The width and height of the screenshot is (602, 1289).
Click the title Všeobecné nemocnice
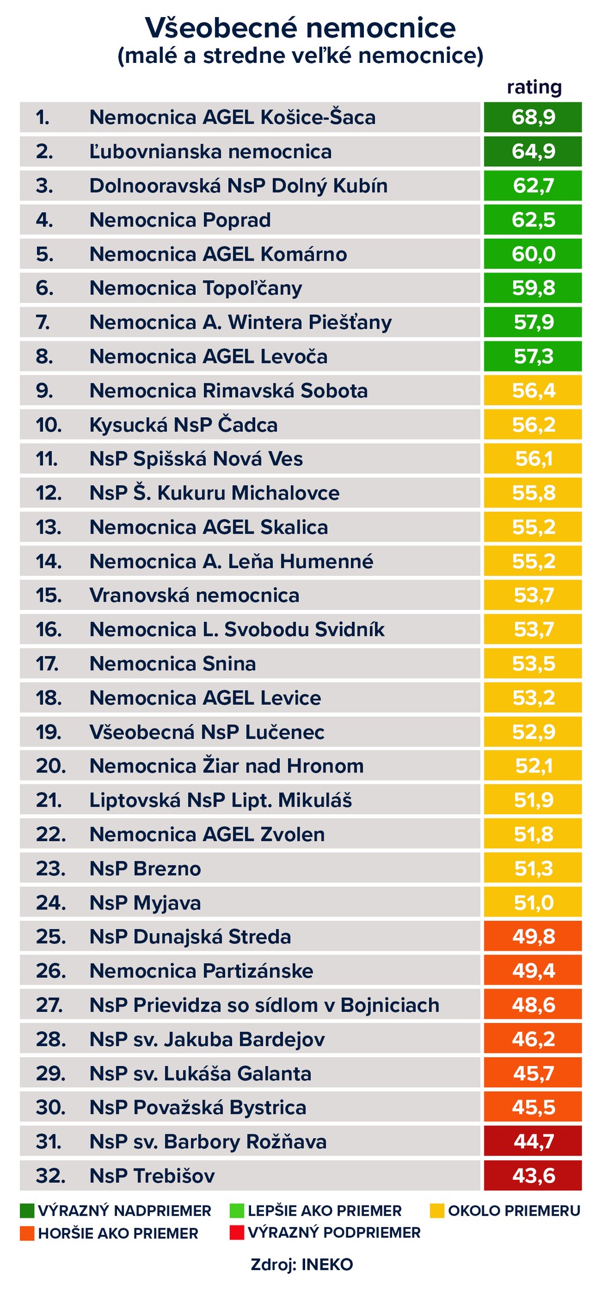[300, 28]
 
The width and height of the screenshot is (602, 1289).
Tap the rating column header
[534, 88]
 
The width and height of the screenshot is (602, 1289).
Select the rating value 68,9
[533, 117]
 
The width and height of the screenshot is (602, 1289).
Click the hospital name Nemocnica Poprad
[180, 220]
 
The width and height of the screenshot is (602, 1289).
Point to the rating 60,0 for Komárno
[533, 254]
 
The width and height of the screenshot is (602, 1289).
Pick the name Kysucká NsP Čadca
[183, 425]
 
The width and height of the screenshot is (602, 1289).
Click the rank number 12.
[49, 493]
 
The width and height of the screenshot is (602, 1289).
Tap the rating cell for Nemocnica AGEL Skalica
[533, 527]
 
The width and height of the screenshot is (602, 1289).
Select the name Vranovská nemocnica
[194, 595]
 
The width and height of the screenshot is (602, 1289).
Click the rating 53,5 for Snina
[533, 664]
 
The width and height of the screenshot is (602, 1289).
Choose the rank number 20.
[51, 766]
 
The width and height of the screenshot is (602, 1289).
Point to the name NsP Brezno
[145, 868]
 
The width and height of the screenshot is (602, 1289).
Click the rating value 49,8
[533, 937]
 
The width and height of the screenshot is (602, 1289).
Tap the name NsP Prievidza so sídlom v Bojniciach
[264, 1005]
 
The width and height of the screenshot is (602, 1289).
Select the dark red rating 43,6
[533, 1175]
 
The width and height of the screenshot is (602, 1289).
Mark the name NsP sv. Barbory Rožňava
[208, 1141]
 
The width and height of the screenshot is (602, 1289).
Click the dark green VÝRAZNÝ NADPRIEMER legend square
[27, 1211]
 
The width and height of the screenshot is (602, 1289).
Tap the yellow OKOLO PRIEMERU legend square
[437, 1211]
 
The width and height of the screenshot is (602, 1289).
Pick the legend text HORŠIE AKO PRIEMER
[118, 1234]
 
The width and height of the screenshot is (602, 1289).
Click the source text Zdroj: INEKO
[302, 1265]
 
